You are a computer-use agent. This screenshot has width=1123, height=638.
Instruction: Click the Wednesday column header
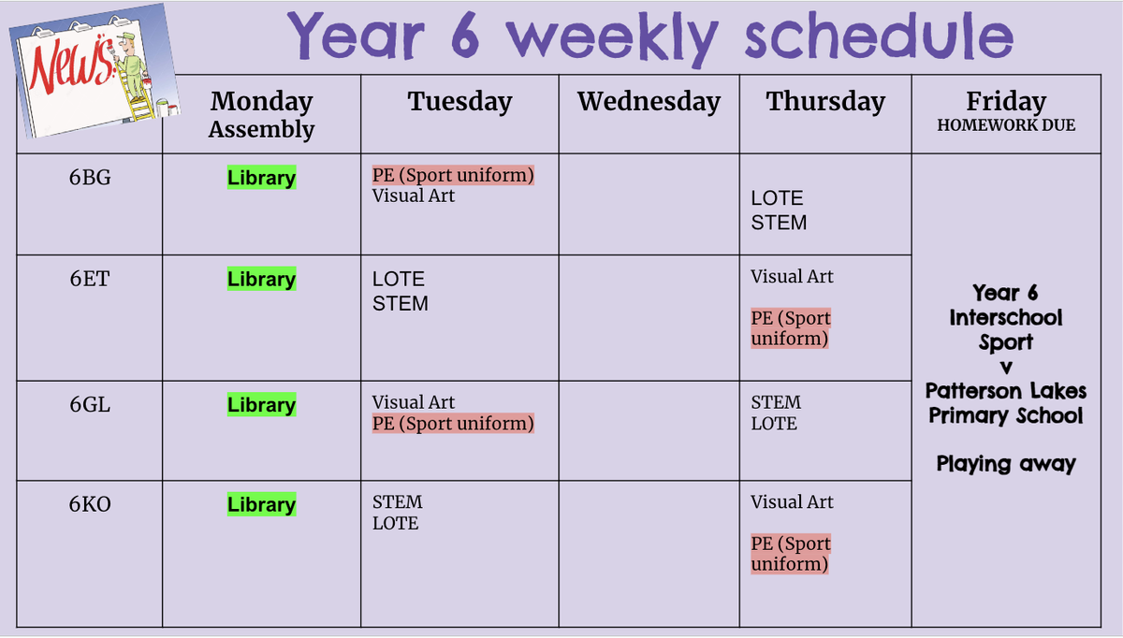[x=649, y=102]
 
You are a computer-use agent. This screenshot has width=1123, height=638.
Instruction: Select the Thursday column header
[x=825, y=102]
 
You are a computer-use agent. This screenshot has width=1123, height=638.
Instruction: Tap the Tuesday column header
[x=459, y=102]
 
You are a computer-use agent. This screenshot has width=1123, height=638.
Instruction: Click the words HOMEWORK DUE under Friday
[x=1006, y=124]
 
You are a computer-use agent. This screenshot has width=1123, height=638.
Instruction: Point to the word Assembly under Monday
[x=261, y=129]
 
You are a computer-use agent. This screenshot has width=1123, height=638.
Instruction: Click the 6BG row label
[x=90, y=178]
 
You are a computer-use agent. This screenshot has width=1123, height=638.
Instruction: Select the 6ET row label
[x=90, y=279]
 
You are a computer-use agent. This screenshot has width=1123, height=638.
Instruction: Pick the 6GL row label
[x=90, y=404]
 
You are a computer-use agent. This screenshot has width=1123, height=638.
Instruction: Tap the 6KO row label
[x=90, y=504]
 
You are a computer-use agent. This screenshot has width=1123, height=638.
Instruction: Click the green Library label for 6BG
[x=261, y=178]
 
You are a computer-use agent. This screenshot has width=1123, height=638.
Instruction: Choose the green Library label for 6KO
[x=261, y=504]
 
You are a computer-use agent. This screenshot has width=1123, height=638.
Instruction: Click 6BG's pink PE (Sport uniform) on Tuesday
[x=453, y=175]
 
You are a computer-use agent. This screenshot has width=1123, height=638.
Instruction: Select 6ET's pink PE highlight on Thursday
[x=790, y=327]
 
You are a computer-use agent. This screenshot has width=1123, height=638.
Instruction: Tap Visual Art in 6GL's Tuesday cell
[x=413, y=402]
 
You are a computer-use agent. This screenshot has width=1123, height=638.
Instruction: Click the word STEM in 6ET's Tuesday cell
[x=401, y=304]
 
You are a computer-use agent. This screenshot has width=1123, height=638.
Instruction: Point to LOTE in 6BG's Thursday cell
[x=777, y=198]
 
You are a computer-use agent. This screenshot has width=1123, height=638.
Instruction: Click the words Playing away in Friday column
[x=1006, y=464]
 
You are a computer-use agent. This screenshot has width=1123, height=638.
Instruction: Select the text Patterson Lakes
[x=1006, y=390]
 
